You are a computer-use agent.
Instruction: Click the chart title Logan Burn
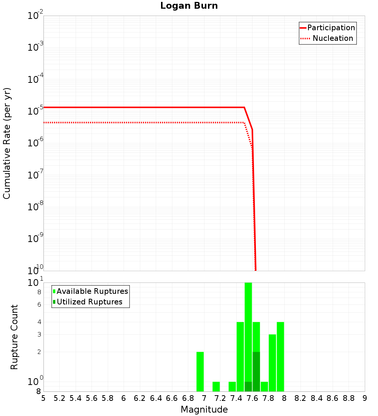[x=189, y=6]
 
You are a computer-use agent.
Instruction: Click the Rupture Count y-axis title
[x=14, y=337]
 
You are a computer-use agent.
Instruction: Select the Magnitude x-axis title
[x=204, y=410]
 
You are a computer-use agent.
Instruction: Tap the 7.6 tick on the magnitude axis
[x=252, y=398]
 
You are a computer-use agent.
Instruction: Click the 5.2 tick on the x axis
[x=59, y=398]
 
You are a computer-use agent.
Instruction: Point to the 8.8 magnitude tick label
[x=349, y=398]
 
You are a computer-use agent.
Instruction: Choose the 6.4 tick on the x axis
[x=156, y=398]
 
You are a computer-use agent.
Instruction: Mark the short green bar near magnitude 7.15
[x=216, y=387]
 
